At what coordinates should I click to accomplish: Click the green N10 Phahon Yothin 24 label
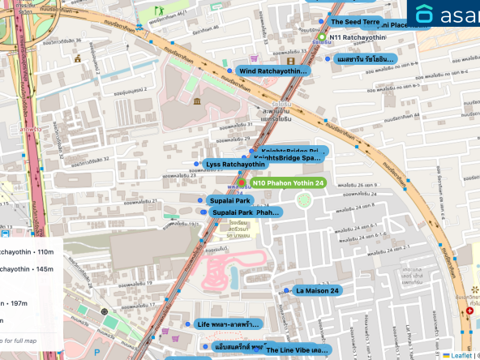pyautogui.click(x=288, y=183)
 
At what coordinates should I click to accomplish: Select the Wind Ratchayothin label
pyautogui.click(x=273, y=71)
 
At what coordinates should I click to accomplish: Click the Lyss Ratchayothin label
pyautogui.click(x=235, y=165)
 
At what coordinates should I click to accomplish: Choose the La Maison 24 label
pyautogui.click(x=318, y=290)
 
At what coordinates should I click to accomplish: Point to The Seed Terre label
pyautogui.click(x=355, y=22)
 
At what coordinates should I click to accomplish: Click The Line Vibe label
pyautogui.click(x=298, y=349)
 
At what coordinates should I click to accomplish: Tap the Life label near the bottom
pyautogui.click(x=228, y=324)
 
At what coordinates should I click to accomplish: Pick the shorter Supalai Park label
pyautogui.click(x=230, y=199)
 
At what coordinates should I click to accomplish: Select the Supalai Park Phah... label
pyautogui.click(x=245, y=212)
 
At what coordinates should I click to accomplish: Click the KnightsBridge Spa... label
pyautogui.click(x=288, y=159)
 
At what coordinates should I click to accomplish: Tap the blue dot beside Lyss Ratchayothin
pyautogui.click(x=196, y=164)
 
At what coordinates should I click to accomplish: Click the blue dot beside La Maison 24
pyautogui.click(x=286, y=290)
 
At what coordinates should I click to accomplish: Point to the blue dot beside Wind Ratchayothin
pyautogui.click(x=230, y=71)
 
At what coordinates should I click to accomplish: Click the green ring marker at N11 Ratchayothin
pyautogui.click(x=322, y=37)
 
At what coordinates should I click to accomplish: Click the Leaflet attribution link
pyautogui.click(x=461, y=355)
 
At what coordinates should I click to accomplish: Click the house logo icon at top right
pyautogui.click(x=425, y=14)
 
